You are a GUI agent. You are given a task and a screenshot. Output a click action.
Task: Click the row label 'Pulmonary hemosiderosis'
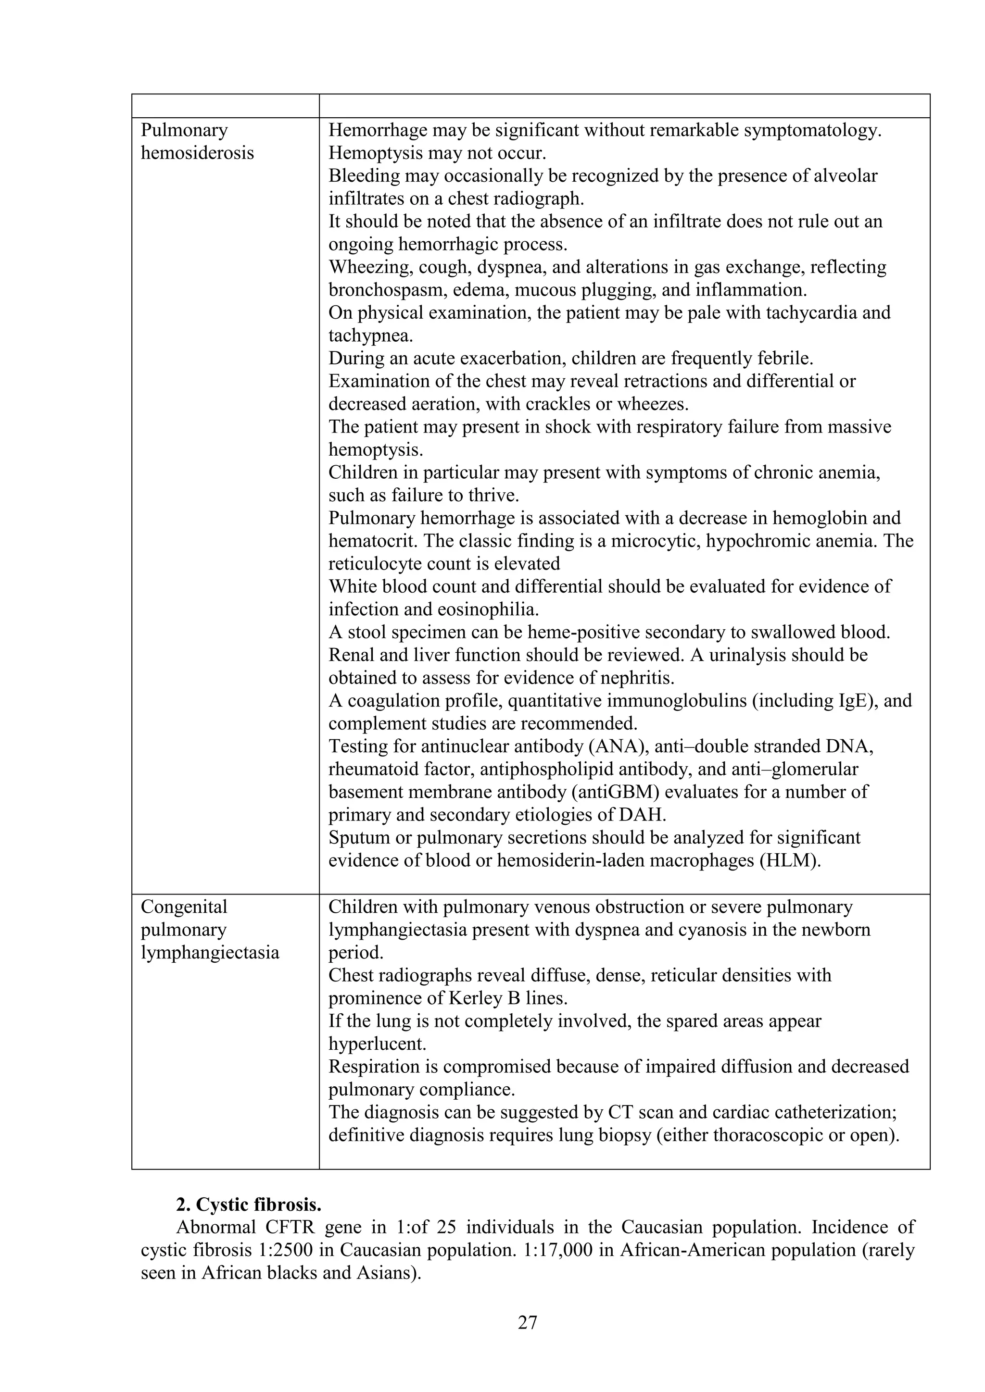[197, 141]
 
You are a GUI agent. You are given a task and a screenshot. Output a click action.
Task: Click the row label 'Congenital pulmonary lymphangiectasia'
[210, 930]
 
